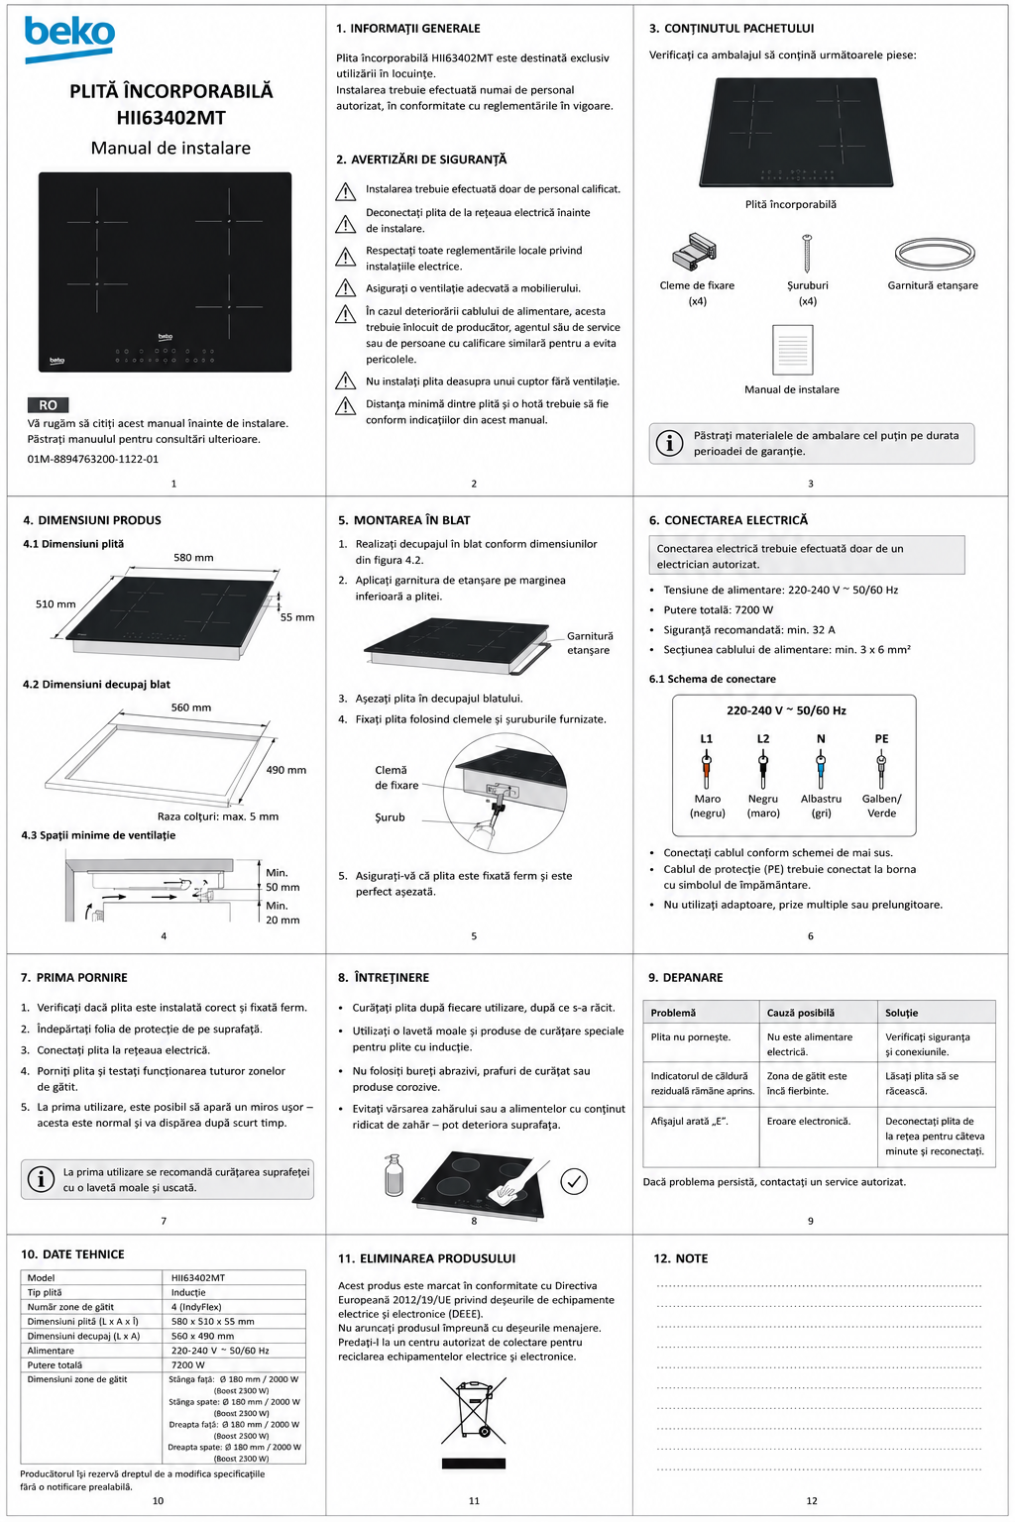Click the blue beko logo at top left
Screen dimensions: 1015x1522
(69, 39)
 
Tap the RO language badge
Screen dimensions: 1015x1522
(48, 405)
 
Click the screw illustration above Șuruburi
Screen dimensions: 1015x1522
(807, 254)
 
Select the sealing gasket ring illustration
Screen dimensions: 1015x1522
(935, 254)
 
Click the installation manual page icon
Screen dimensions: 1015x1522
(793, 349)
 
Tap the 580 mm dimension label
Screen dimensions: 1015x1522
(193, 557)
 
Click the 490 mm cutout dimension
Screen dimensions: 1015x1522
(286, 770)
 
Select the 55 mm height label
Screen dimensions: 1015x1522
(297, 617)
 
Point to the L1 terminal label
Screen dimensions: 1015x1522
(707, 738)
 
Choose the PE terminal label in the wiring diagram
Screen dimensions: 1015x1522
(882, 738)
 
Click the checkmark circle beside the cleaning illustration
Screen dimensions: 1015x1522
(574, 1181)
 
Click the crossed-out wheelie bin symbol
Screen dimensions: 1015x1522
(473, 1409)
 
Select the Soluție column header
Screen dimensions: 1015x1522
(901, 1013)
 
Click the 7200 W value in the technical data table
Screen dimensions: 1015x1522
(188, 1365)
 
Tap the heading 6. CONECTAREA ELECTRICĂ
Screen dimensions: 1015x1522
(729, 520)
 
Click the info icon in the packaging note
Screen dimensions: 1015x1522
(669, 443)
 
